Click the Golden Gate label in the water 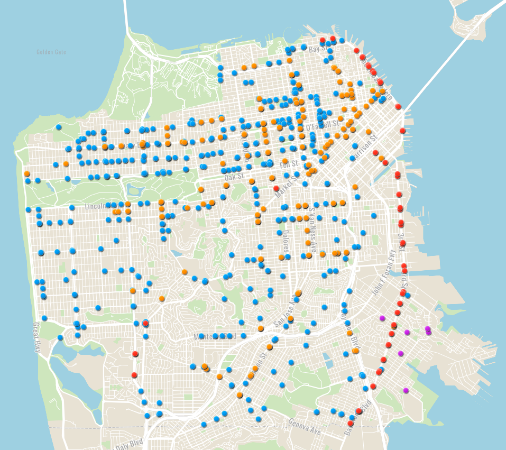coord(51,52)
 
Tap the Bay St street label coord(315,49)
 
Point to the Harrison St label coord(365,143)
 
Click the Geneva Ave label coord(305,426)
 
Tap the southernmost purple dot coord(406,390)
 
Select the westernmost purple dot coord(382,318)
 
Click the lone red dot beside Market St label coord(276,188)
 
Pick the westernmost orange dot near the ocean coord(27,173)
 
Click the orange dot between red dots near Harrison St coord(381,158)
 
